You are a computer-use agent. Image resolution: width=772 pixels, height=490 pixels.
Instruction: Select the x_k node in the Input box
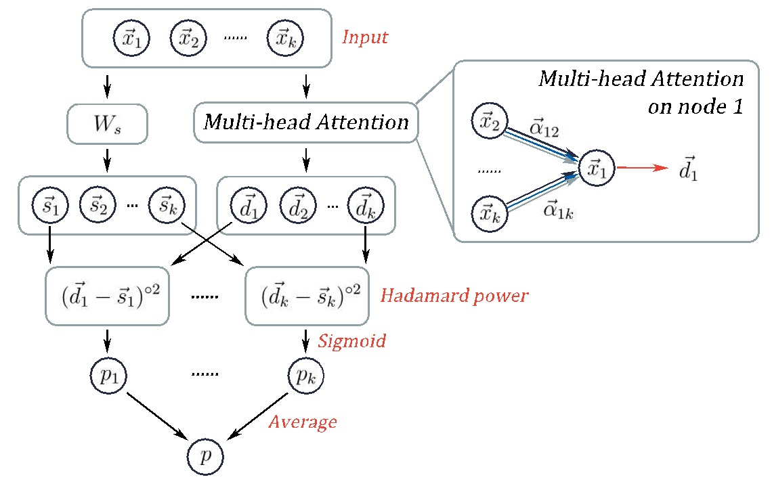[285, 38]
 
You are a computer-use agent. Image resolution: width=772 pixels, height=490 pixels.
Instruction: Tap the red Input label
[365, 37]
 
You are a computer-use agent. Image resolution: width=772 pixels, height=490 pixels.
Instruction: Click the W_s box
[107, 123]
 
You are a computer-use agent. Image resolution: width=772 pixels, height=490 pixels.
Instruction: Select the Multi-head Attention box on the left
[305, 122]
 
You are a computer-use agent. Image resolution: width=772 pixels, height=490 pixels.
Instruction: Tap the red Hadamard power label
[454, 296]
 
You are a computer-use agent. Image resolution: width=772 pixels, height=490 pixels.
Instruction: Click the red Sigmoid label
[351, 340]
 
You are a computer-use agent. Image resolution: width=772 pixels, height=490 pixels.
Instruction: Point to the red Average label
[303, 422]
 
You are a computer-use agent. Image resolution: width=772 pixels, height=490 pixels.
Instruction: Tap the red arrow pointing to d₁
[641, 169]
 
